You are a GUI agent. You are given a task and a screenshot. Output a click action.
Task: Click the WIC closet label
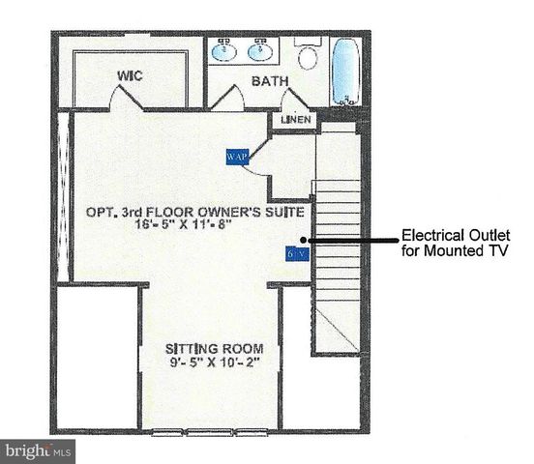pyautogui.click(x=131, y=74)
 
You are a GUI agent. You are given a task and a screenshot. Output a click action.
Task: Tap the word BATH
pyautogui.click(x=270, y=81)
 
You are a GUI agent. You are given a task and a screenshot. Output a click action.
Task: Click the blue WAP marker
pyautogui.click(x=237, y=155)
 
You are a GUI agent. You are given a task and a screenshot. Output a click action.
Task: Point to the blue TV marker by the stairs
pyautogui.click(x=296, y=253)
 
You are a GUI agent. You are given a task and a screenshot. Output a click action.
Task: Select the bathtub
pyautogui.click(x=347, y=72)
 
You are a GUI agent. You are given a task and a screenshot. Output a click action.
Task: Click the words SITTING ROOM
pyautogui.click(x=211, y=349)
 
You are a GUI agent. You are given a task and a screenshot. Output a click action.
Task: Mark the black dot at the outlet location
pyautogui.click(x=304, y=239)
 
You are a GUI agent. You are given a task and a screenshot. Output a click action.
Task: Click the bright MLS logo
pyautogui.click(x=39, y=450)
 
